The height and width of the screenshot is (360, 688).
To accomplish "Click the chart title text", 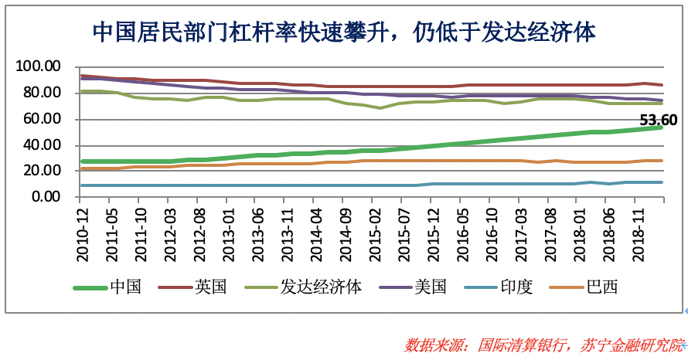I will [344, 32].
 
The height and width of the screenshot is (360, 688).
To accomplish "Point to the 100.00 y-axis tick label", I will [38, 67].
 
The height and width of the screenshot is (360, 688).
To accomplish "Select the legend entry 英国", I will [211, 287].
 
